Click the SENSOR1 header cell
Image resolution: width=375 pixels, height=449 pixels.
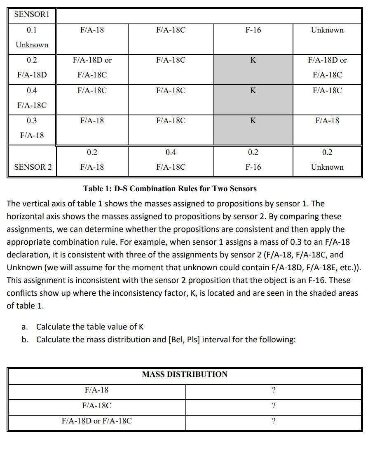(x=32, y=14)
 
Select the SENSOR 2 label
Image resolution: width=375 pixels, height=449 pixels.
(x=33, y=167)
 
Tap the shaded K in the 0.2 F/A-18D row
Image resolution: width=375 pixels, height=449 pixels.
(x=253, y=60)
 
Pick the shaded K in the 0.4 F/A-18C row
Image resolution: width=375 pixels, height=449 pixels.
(x=253, y=91)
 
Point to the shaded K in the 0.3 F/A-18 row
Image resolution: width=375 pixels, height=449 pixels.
(x=253, y=121)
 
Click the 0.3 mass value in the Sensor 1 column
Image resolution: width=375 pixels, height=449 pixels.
(x=32, y=121)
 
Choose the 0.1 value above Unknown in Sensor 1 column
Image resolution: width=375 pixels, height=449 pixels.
(x=32, y=30)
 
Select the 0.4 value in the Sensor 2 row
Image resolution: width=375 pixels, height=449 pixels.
(x=171, y=152)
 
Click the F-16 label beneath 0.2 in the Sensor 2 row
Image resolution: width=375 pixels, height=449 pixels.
(x=253, y=167)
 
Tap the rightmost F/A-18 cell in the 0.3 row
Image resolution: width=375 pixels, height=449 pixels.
(x=327, y=121)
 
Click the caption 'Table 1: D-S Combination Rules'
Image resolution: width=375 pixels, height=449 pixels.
(x=170, y=189)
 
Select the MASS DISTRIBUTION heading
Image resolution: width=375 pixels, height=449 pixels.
(x=185, y=374)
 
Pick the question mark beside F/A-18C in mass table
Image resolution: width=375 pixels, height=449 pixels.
(x=274, y=406)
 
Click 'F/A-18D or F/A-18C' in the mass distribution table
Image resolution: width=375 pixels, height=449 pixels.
(x=96, y=421)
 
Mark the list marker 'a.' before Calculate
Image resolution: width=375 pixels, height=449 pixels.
(x=25, y=327)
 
